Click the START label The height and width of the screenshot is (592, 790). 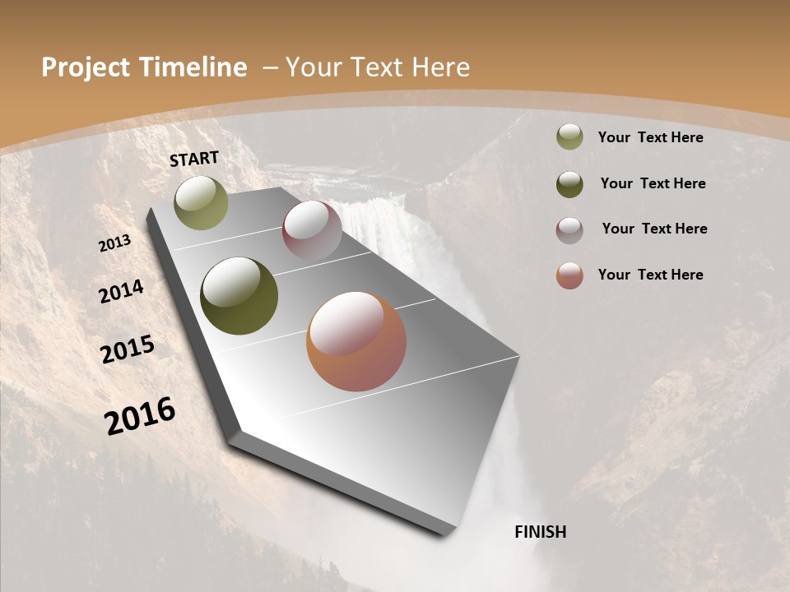pyautogui.click(x=194, y=159)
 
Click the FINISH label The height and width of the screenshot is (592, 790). pyautogui.click(x=540, y=532)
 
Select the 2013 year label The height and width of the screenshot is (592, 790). pyautogui.click(x=115, y=243)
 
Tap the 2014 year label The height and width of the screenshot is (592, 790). pyautogui.click(x=121, y=292)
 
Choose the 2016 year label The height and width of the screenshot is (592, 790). pyautogui.click(x=140, y=415)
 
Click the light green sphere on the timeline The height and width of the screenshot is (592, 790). pyautogui.click(x=202, y=202)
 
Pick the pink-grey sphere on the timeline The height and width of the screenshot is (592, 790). pyautogui.click(x=312, y=231)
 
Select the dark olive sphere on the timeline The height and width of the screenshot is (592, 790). pyautogui.click(x=239, y=296)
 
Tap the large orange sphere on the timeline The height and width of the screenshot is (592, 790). pyautogui.click(x=356, y=341)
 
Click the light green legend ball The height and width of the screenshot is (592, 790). pyautogui.click(x=569, y=137)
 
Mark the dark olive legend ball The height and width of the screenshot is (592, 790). pyautogui.click(x=569, y=184)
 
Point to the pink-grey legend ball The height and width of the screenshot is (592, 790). pyautogui.click(x=569, y=229)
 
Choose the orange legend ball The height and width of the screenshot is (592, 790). pyautogui.click(x=569, y=275)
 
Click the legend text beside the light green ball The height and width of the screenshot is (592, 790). pyautogui.click(x=650, y=137)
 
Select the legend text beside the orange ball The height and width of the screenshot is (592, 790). pyautogui.click(x=650, y=275)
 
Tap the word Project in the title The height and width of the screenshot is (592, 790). pyautogui.click(x=86, y=67)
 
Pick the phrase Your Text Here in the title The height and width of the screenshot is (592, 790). pyautogui.click(x=378, y=67)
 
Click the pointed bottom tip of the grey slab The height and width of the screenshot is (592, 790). pyautogui.click(x=448, y=533)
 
